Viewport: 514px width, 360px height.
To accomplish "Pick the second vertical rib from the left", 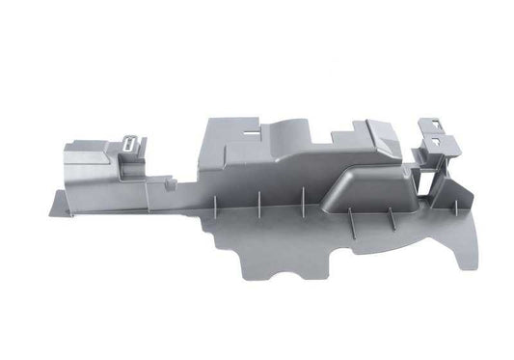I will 259,204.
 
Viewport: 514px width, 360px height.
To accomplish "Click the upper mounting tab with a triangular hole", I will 431,125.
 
